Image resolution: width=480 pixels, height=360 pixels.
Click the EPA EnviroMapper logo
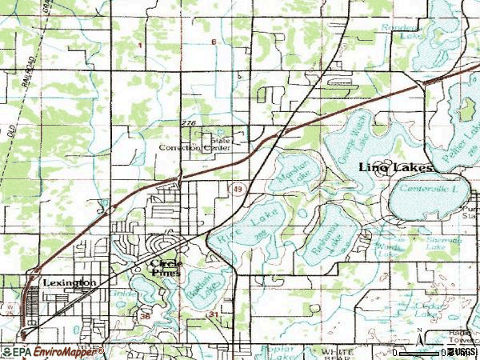54,351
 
